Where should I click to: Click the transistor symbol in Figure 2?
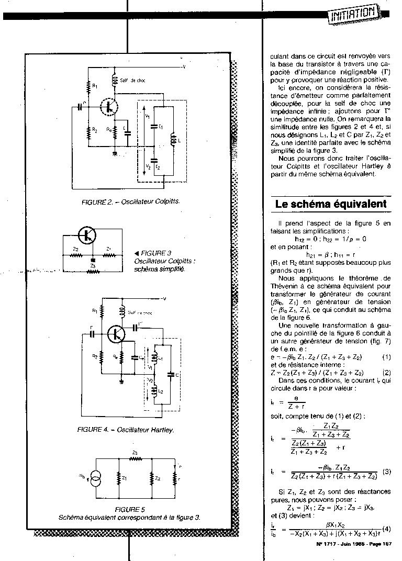click(x=109, y=106)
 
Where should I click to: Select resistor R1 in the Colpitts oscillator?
click(x=89, y=85)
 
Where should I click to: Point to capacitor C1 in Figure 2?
click(x=154, y=126)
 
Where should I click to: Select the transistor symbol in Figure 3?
click(x=87, y=234)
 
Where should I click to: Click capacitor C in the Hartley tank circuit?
click(x=171, y=374)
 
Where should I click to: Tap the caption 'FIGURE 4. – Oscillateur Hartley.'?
click(x=125, y=430)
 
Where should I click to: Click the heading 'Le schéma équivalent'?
click(x=331, y=204)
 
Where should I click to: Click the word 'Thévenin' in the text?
click(x=284, y=286)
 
